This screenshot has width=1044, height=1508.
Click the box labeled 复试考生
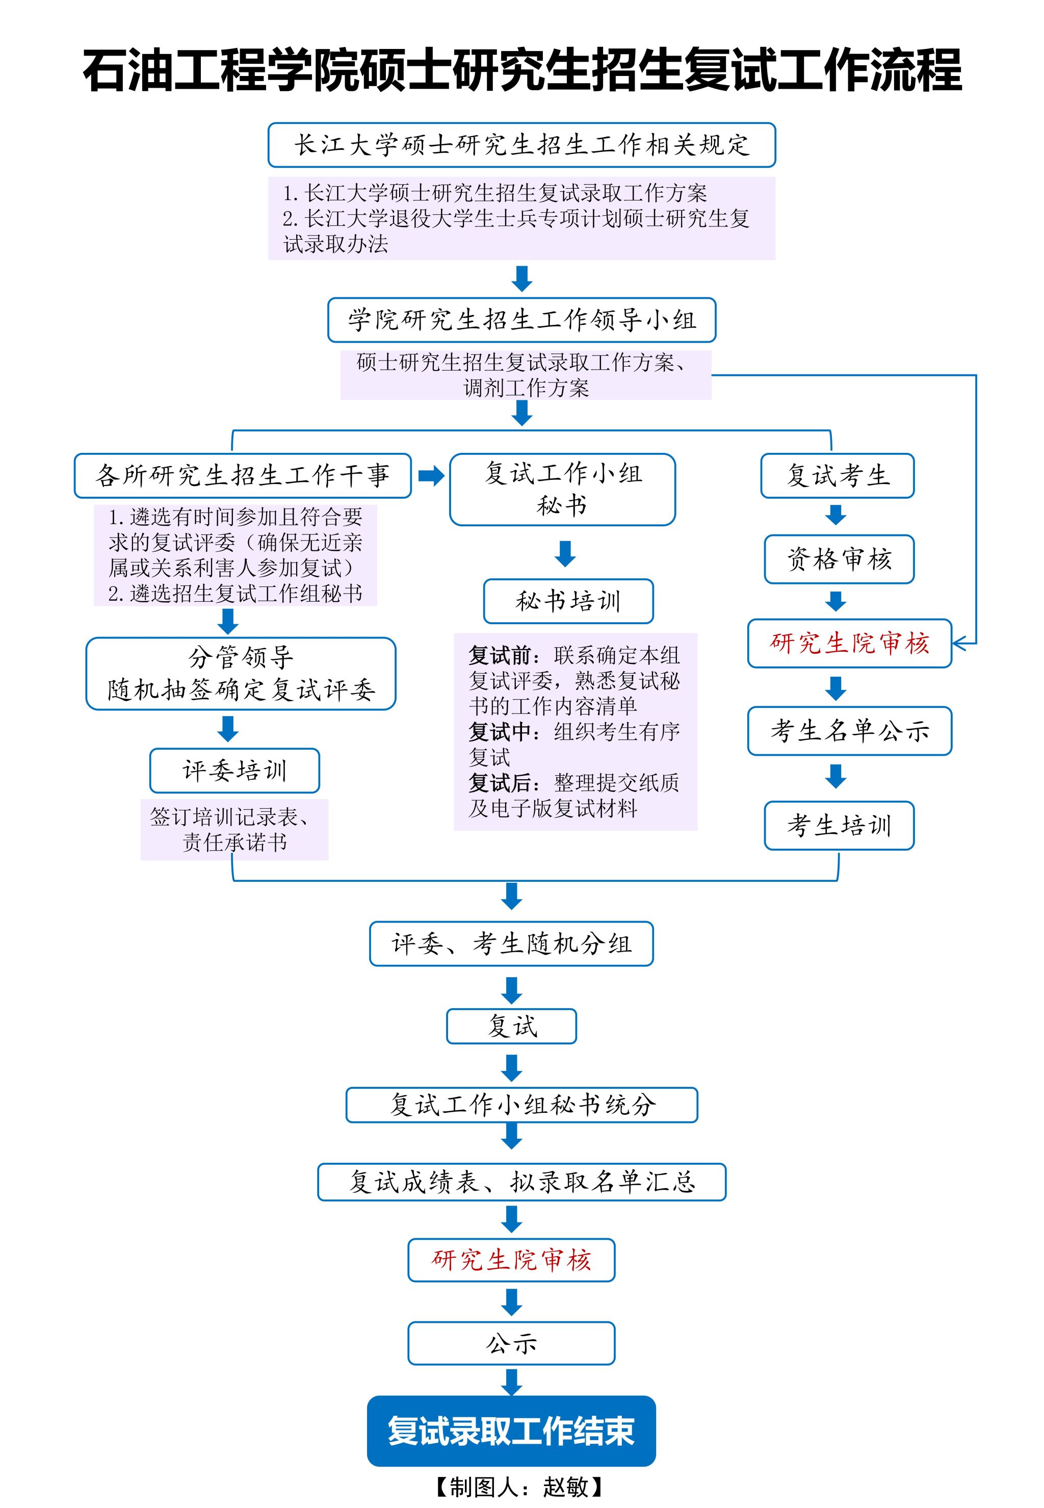(x=838, y=476)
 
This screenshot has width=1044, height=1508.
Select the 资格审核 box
(x=839, y=559)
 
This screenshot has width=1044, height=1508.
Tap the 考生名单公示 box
(x=849, y=731)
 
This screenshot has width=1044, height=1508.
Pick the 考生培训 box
(x=839, y=826)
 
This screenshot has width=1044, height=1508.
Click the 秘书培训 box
(x=568, y=601)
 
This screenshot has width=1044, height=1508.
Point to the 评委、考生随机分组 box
(x=511, y=943)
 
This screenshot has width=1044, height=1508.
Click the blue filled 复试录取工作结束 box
(x=511, y=1431)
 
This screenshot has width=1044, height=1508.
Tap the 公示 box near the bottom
(x=511, y=1344)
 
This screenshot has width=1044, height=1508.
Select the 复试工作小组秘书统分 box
(x=521, y=1105)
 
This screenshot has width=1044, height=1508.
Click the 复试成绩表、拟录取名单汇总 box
(x=521, y=1182)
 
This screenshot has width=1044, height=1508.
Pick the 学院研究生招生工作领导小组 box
(x=521, y=320)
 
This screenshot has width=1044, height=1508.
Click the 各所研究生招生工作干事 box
(x=242, y=476)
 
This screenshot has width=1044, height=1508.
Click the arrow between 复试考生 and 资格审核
(x=836, y=515)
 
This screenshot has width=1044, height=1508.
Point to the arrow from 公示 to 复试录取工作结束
(x=511, y=1382)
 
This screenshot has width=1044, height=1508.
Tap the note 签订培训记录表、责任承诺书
(x=234, y=829)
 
